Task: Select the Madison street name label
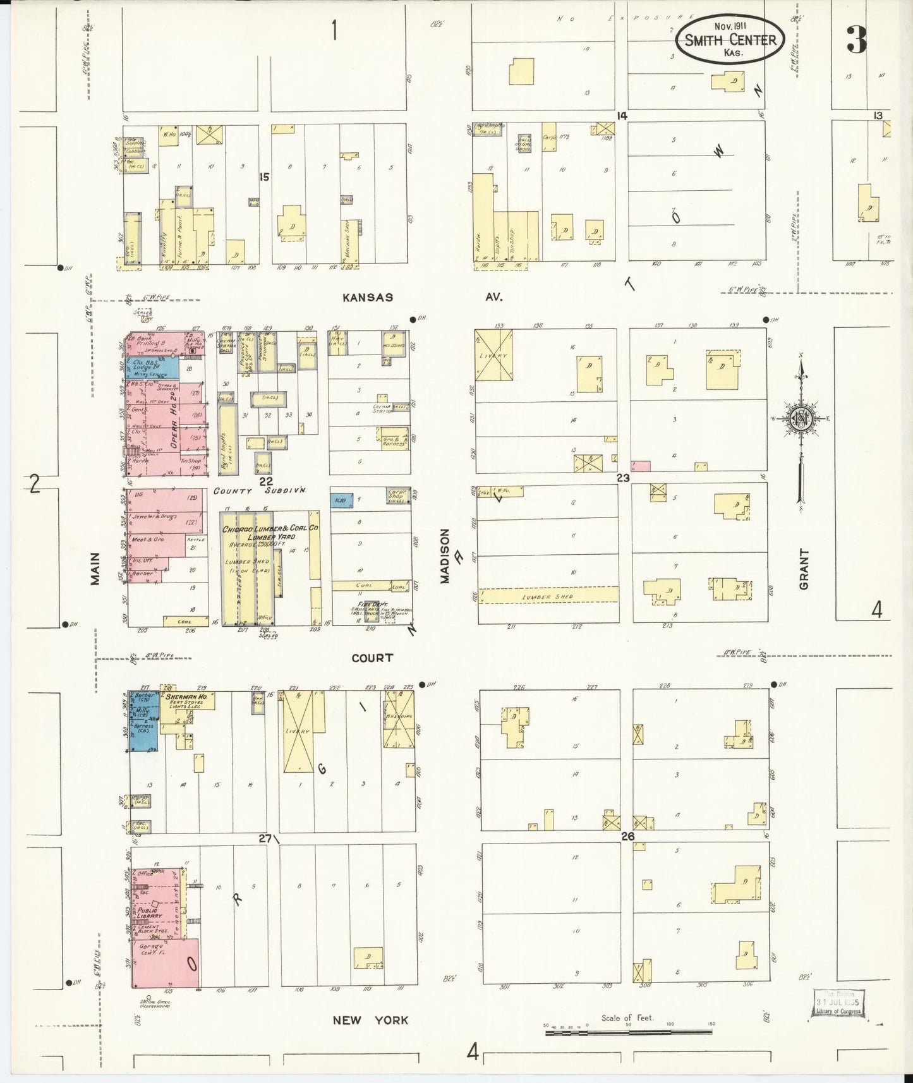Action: point(445,555)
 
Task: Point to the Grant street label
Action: point(804,569)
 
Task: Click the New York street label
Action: point(371,1020)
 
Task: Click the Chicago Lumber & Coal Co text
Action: point(270,528)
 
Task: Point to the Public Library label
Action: point(147,914)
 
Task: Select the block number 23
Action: point(623,478)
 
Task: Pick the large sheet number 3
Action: point(857,39)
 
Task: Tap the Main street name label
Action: point(95,568)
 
